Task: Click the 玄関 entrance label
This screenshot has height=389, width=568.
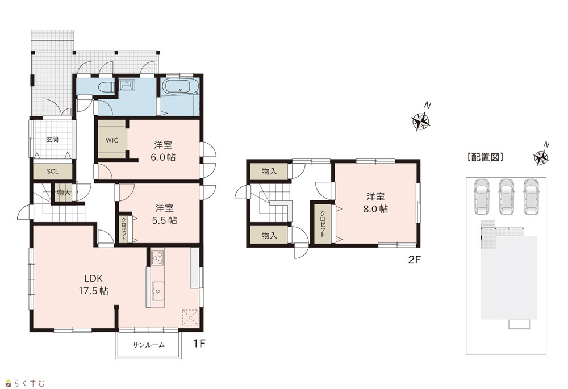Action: click(52, 139)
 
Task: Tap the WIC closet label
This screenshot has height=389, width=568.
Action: click(112, 140)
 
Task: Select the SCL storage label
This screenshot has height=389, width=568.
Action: click(52, 172)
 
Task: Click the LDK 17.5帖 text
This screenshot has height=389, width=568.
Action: click(94, 285)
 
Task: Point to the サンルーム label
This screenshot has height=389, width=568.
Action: click(148, 345)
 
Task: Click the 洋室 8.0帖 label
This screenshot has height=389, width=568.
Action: click(375, 203)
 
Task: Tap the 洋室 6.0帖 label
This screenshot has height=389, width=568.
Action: click(164, 151)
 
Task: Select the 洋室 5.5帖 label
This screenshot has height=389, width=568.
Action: click(165, 214)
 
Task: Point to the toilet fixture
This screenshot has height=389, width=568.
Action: click(107, 87)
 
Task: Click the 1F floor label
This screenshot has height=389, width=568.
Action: click(199, 344)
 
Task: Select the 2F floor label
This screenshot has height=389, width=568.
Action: click(415, 260)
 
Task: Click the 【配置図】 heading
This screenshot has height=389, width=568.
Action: click(485, 157)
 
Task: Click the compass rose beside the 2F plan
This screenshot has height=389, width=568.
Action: click(421, 120)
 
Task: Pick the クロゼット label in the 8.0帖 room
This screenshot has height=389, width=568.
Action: click(321, 224)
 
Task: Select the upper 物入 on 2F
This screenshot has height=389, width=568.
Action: click(269, 172)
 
